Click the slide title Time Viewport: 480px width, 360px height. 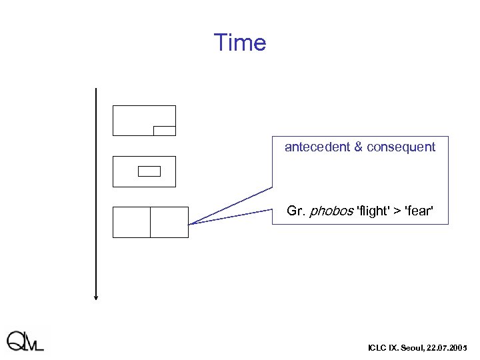point(239,43)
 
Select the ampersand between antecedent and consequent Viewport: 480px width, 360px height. point(358,147)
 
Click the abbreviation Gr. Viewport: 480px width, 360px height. point(295,211)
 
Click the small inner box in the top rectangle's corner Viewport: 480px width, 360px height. point(164,131)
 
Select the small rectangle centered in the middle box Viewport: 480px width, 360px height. point(149,171)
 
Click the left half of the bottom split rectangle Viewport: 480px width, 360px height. point(132,222)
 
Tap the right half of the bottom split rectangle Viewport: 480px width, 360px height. point(169,222)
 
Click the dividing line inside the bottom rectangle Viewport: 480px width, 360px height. point(151,222)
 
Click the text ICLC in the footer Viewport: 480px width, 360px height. point(376,348)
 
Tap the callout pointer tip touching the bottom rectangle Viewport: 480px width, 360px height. point(189,225)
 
